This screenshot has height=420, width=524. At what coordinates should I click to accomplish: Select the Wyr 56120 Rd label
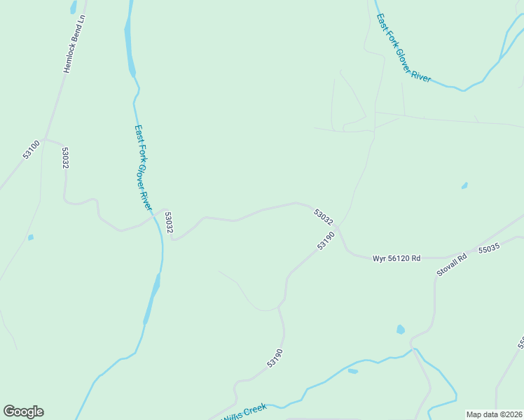[x=397, y=258]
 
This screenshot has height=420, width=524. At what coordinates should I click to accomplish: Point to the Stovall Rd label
[x=452, y=263]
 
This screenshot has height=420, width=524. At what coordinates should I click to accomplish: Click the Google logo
[x=23, y=412]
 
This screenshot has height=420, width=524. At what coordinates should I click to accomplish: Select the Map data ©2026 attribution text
[x=494, y=414]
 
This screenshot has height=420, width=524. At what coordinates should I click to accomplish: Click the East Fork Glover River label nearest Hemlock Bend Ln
[x=142, y=167]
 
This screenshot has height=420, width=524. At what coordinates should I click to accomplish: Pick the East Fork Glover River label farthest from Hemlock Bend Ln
[x=403, y=48]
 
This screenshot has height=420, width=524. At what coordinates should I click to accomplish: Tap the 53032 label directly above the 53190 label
[x=324, y=217]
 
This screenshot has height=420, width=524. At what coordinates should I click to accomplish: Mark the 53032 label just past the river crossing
[x=169, y=223]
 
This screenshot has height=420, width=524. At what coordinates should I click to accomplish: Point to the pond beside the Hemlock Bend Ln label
[x=73, y=8]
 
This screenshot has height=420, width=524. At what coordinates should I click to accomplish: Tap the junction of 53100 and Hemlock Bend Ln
[x=46, y=138]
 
